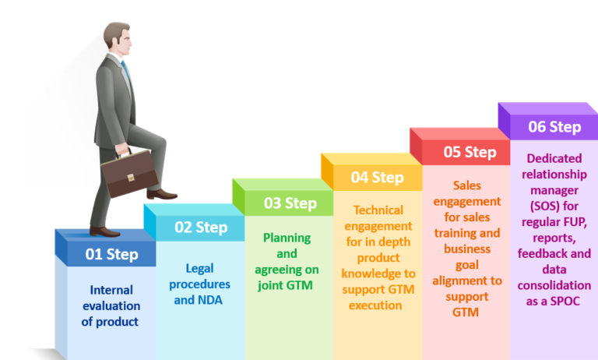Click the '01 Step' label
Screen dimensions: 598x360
(112, 254)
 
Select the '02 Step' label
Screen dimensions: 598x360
(201, 228)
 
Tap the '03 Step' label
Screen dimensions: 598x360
(290, 203)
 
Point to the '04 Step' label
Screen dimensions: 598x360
(377, 178)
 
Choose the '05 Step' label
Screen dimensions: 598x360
(470, 152)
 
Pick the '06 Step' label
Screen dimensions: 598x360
(554, 127)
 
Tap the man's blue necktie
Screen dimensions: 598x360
(126, 71)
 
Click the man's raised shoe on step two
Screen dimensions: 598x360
(162, 194)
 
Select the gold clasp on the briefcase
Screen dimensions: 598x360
(131, 177)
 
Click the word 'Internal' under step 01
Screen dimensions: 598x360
(111, 290)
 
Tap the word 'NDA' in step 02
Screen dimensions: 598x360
(209, 300)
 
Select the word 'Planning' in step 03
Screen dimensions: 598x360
(287, 238)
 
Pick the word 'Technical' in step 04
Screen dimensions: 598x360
(378, 210)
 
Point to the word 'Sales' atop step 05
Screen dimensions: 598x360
(467, 185)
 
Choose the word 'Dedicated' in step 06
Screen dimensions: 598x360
(554, 158)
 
